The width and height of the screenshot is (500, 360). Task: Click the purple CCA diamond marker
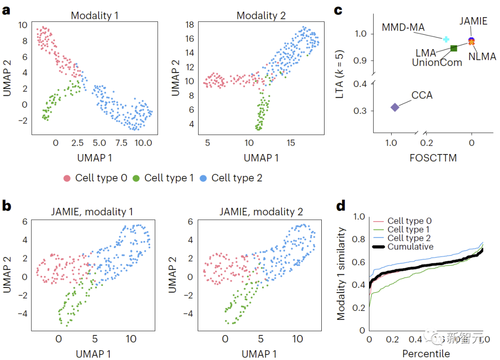pos(394,107)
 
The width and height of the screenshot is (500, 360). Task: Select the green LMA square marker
pos(454,48)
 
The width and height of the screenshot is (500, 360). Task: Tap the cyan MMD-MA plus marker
pos(446,39)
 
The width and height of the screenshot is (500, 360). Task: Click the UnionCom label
pos(437,62)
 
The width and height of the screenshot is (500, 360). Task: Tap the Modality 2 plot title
pos(261,15)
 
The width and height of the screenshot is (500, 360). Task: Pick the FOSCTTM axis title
pos(433,158)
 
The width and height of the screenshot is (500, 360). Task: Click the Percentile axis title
pos(425,354)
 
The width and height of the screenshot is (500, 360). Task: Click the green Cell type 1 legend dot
pos(137,178)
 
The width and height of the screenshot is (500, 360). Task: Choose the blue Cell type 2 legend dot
pos(204,178)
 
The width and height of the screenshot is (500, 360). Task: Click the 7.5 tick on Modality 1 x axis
pos(121,143)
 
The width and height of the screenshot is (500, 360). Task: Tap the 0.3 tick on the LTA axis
pos(360,111)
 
